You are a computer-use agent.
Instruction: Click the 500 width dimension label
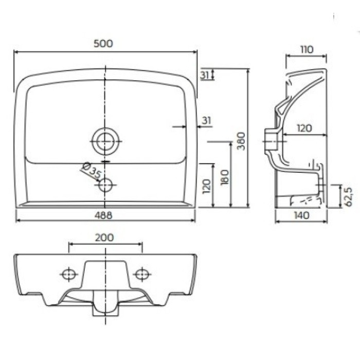103,44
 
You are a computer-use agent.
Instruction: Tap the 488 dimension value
103,215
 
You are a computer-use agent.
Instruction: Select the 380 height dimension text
241,141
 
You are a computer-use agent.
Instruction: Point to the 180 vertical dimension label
225,177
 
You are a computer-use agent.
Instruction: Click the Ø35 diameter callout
91,171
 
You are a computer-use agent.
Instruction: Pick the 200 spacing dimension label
104,238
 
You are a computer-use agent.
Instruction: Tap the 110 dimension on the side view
307,49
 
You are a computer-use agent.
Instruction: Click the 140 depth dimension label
301,215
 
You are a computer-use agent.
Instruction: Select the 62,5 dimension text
348,197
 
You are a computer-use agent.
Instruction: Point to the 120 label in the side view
304,128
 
